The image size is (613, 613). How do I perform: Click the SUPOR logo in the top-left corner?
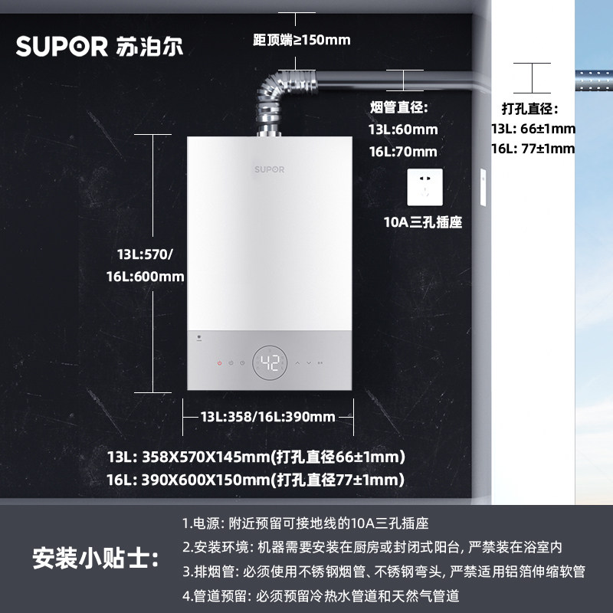[x=100, y=45]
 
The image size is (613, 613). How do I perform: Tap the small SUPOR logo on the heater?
[x=269, y=169]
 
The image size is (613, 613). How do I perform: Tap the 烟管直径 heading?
[x=398, y=108]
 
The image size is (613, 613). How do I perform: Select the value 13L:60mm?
[x=403, y=129]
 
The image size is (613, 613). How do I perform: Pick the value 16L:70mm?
[x=403, y=151]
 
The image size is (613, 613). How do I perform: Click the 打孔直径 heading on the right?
[x=530, y=108]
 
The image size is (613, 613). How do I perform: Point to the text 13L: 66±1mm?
[x=533, y=129]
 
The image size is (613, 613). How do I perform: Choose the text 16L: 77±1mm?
[x=533, y=149]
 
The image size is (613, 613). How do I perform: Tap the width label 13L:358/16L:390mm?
[x=267, y=417]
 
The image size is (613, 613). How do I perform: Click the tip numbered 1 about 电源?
[x=305, y=524]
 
